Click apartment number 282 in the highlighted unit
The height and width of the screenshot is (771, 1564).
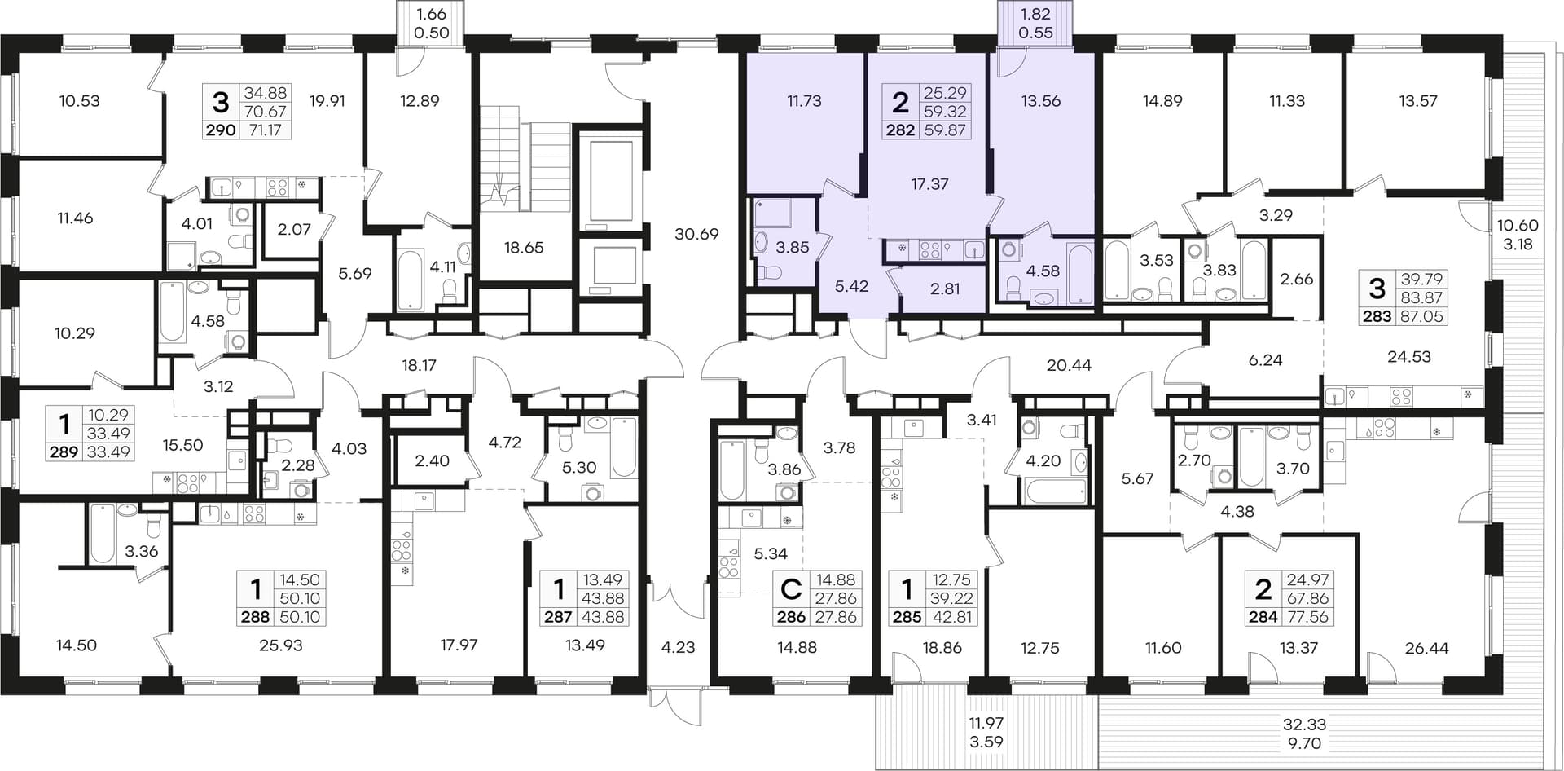point(900,130)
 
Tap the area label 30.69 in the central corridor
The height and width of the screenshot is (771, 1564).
point(696,234)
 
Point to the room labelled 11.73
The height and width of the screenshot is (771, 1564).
point(804,101)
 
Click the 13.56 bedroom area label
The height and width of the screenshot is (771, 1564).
point(1041,101)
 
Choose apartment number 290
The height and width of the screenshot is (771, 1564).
point(220,130)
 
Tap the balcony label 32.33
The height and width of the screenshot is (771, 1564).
point(1304,724)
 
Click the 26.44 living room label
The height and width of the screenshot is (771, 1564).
point(1427,648)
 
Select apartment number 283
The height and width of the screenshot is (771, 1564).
point(1377,316)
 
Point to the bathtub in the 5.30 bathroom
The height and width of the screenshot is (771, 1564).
point(623,447)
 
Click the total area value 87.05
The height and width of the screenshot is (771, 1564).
point(1421,316)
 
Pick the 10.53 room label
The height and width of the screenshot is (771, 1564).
point(80,101)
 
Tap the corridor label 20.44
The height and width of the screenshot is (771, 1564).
point(1069,365)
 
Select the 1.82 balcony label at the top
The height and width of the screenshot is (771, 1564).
point(1035,15)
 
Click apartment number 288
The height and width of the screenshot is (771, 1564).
point(255,617)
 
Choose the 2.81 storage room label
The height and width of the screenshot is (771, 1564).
point(945,288)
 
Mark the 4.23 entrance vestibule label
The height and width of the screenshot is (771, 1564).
point(679,647)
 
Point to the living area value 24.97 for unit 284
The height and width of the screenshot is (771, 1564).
point(1307,579)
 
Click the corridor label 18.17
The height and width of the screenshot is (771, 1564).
point(419,365)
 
